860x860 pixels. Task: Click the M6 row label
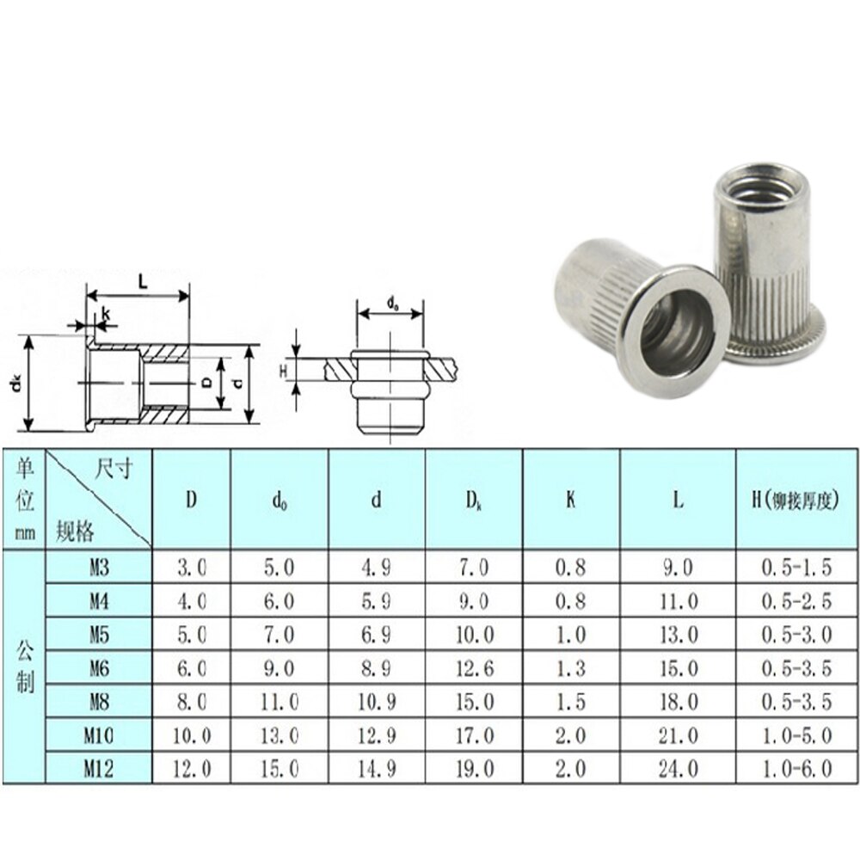[99, 667]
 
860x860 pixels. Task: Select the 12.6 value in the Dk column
[474, 667]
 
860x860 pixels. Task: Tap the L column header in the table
[678, 500]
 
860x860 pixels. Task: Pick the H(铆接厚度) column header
[796, 500]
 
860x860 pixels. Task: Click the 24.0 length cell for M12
[678, 768]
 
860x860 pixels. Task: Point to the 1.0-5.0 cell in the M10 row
[796, 734]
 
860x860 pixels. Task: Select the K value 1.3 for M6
[571, 667]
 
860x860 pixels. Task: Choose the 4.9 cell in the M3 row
[376, 568]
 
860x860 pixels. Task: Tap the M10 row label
[99, 734]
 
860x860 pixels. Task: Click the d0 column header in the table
[279, 500]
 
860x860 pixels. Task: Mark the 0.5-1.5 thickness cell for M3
[796, 568]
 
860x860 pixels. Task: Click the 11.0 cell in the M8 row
[279, 701]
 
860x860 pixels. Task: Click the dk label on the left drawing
[16, 384]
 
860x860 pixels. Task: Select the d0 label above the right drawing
[392, 302]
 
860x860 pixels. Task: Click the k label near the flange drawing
[105, 315]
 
